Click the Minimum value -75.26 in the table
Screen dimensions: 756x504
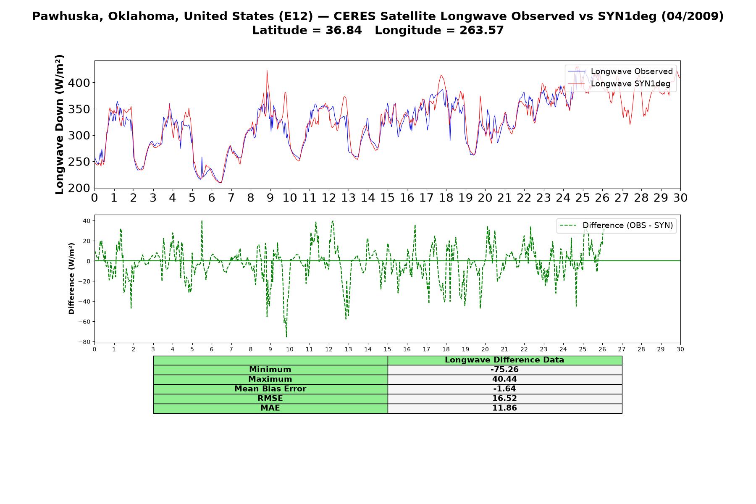(x=504, y=370)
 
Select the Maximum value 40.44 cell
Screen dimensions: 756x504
(x=504, y=379)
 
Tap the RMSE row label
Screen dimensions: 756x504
(x=270, y=399)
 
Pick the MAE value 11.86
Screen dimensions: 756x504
(x=504, y=408)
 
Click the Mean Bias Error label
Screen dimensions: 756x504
(x=270, y=389)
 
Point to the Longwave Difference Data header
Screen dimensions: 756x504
(x=504, y=360)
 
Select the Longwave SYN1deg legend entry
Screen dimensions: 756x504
(x=619, y=84)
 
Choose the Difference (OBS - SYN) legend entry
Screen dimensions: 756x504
(x=616, y=226)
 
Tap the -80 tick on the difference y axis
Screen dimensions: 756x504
(x=84, y=342)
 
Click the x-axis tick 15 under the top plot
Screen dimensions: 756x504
(x=387, y=198)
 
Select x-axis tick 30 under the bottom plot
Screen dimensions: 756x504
(x=680, y=349)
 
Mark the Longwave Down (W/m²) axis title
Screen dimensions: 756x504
(x=59, y=124)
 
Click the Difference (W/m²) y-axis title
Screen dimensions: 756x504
(x=71, y=279)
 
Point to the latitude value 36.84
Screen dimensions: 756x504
(x=344, y=30)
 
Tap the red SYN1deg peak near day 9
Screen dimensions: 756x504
(x=267, y=70)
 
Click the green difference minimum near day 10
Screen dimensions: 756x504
(x=286, y=337)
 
